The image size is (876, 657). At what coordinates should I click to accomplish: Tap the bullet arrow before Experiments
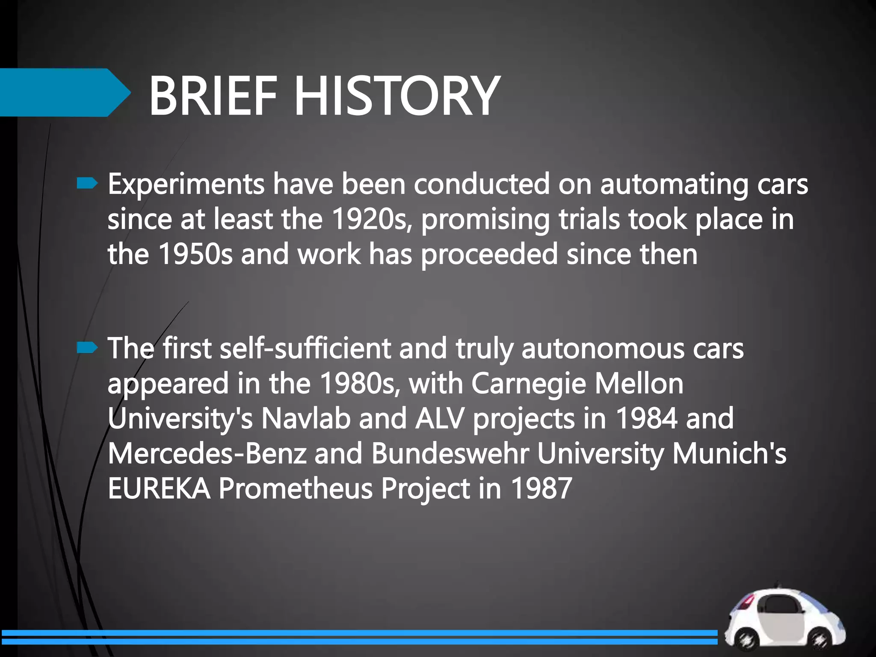(x=87, y=184)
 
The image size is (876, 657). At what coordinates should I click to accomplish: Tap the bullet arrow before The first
(x=87, y=348)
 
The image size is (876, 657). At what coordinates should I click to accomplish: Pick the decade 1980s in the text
(x=359, y=383)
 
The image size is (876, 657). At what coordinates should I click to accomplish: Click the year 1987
(x=541, y=488)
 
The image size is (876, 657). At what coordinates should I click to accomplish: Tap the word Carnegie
(x=528, y=384)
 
